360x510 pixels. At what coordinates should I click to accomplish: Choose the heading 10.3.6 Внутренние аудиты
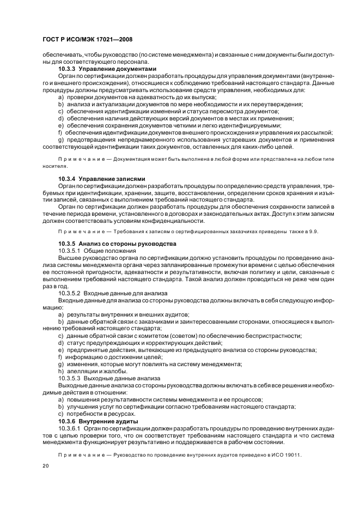[97, 422]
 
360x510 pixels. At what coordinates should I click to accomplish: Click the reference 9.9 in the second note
[314, 232]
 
